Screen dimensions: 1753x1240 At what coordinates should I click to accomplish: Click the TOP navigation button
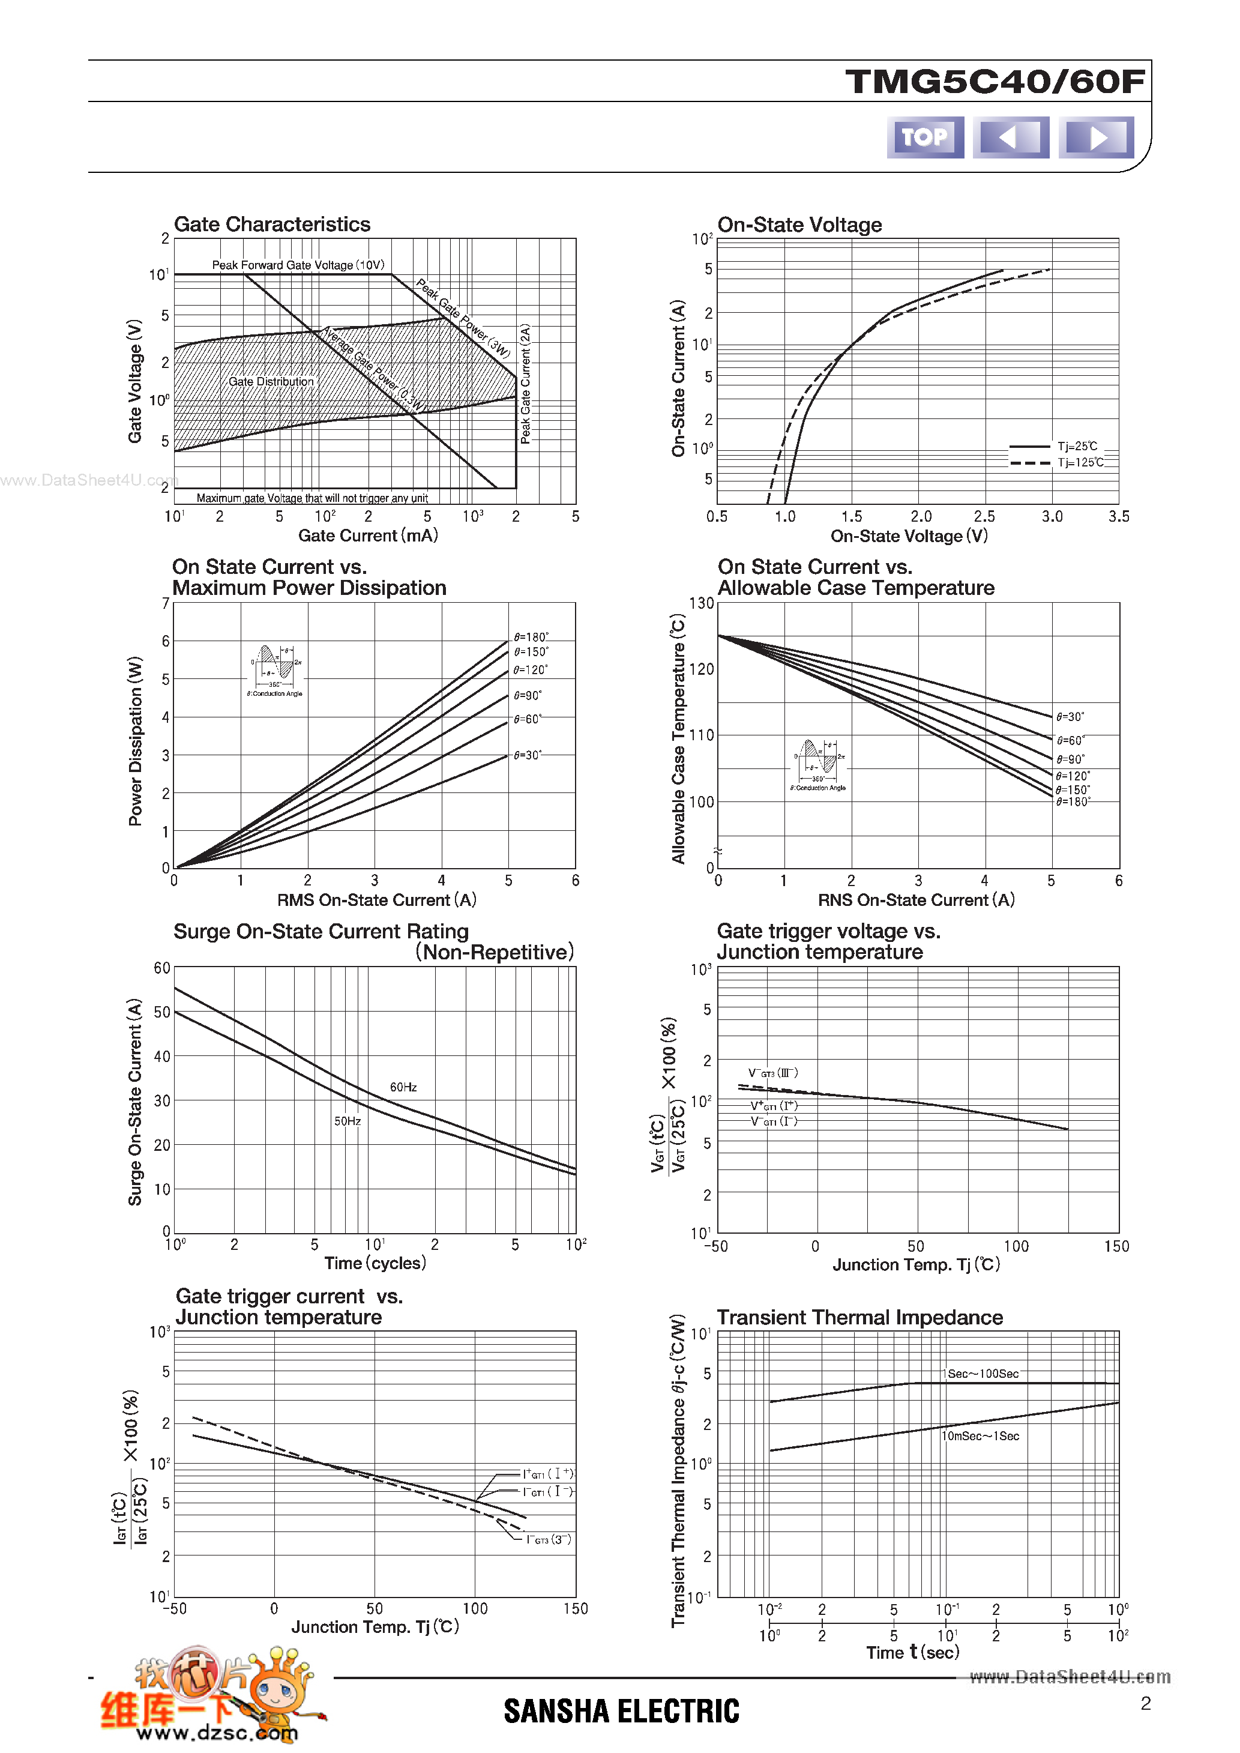point(925,137)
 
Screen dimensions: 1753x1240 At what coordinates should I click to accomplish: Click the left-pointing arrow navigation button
point(1010,137)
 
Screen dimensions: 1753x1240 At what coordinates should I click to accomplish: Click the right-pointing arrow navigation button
point(1096,137)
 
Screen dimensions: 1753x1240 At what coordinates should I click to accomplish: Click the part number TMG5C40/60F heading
point(995,82)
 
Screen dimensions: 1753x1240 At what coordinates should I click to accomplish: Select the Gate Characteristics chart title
point(272,225)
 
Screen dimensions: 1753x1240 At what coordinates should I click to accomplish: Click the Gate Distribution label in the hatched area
point(271,382)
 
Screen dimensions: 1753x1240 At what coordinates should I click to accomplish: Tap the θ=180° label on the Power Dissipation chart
point(531,637)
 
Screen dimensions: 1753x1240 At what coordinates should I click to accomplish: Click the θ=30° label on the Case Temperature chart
point(1070,717)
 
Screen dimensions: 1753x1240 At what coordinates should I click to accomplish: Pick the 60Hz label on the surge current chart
point(403,1087)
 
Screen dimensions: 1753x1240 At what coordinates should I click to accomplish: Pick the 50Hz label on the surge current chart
point(348,1121)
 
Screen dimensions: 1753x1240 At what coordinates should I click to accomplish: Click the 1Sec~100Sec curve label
point(983,1374)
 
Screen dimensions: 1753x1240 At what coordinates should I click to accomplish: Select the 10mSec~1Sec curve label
point(980,1436)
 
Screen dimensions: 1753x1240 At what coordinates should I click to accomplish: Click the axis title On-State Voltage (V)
point(909,536)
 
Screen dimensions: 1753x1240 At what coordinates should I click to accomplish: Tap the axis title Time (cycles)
point(375,1263)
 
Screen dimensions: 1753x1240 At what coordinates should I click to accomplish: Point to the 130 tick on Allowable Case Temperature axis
point(701,603)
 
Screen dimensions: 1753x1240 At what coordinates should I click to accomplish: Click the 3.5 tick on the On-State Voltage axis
point(1119,517)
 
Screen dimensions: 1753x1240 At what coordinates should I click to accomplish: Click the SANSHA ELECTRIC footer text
point(622,1711)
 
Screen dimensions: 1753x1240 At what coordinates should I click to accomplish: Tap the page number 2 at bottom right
point(1145,1703)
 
